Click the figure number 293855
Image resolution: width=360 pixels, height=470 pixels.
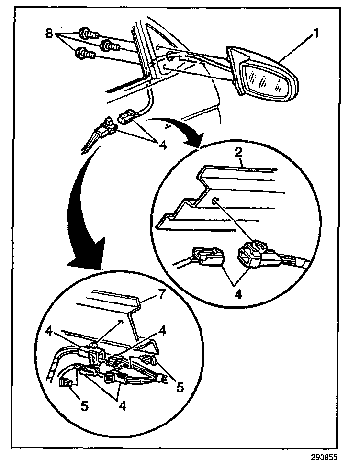click(x=325, y=457)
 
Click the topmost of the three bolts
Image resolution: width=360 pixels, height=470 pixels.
click(x=89, y=34)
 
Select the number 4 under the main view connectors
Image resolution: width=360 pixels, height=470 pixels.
click(x=162, y=145)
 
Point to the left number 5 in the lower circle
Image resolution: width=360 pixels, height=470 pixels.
click(x=84, y=406)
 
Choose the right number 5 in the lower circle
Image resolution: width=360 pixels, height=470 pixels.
click(x=180, y=386)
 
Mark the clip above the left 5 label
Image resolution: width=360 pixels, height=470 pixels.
click(x=66, y=383)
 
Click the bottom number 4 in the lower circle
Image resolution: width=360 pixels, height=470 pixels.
click(x=123, y=406)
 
